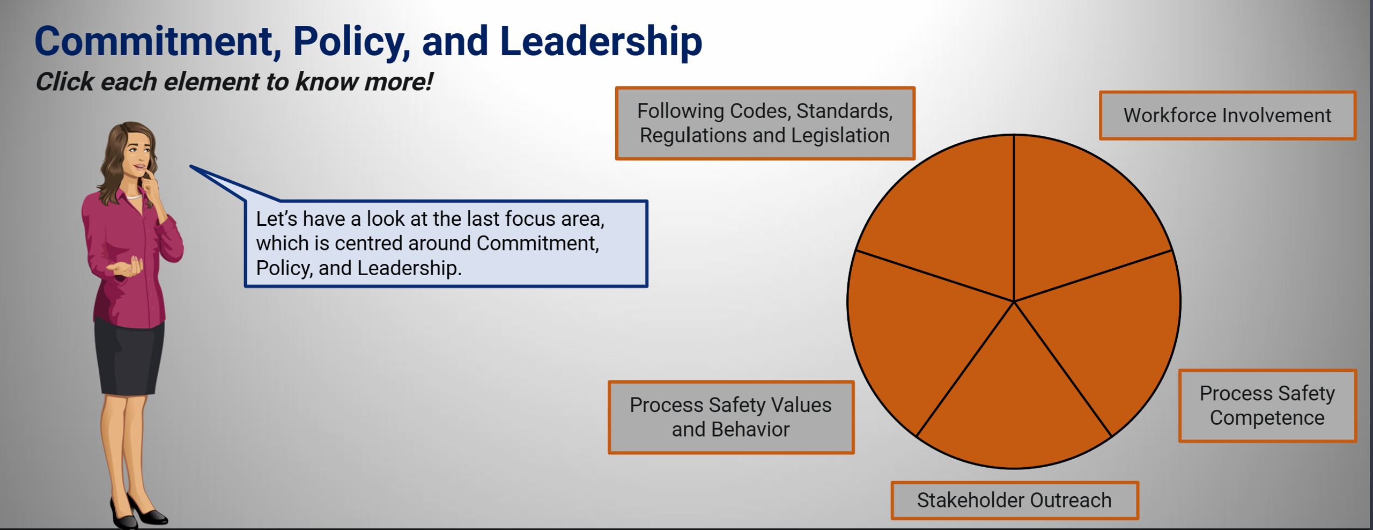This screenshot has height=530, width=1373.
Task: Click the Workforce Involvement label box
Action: click(1228, 115)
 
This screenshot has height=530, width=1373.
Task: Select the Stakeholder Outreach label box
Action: click(1014, 500)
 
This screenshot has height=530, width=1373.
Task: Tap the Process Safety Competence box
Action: click(1267, 406)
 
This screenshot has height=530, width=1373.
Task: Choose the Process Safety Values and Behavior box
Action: click(730, 417)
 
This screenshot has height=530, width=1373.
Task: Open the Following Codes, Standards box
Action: click(765, 123)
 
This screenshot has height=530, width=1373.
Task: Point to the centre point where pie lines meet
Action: click(1014, 301)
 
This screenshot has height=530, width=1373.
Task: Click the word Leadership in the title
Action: click(601, 41)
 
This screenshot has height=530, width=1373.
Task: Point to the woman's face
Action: click(138, 153)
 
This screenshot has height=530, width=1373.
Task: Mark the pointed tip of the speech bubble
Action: click(191, 166)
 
